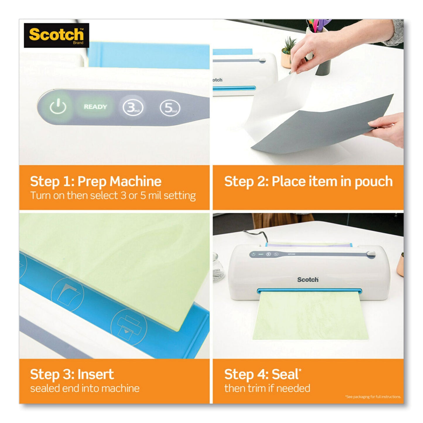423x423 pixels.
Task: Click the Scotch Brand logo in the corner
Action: coord(56,35)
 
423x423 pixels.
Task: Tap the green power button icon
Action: coord(58,107)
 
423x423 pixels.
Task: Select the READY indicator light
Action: coord(95,107)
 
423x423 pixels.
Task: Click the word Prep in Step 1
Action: coord(93,181)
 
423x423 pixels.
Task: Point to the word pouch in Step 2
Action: coord(374,181)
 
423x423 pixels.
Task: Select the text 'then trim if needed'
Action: coord(267,388)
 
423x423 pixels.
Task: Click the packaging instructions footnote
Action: coord(373,397)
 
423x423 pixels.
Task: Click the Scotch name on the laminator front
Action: coord(308,280)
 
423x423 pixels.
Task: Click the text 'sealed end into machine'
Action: coord(85,388)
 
